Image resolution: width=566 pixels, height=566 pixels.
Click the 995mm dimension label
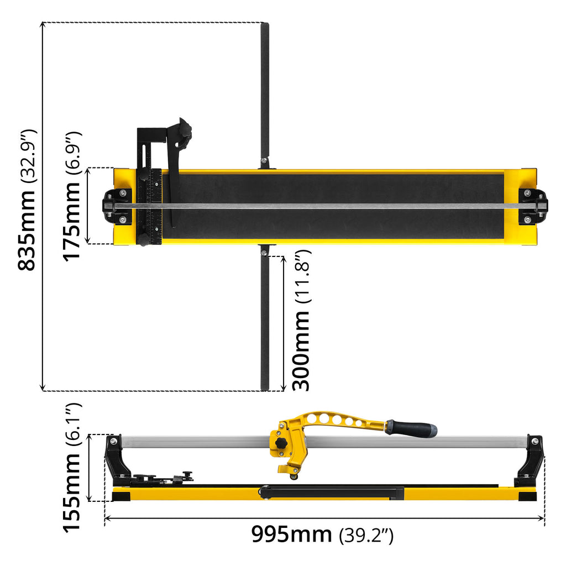292,534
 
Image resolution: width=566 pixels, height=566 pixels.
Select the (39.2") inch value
365,535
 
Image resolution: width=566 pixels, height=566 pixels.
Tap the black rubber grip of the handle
411,428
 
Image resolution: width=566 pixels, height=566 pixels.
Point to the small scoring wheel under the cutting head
293,476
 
